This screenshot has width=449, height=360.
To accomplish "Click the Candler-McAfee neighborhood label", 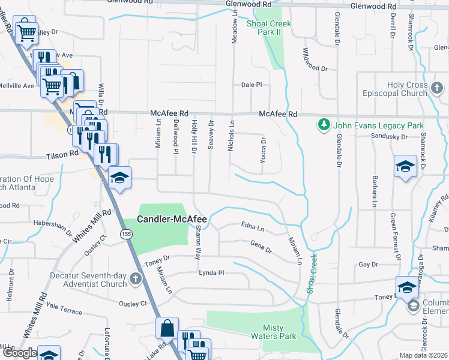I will click(172, 220).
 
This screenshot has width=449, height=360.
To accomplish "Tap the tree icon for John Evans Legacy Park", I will click(324, 125).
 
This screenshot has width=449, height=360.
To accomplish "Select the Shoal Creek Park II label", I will click(269, 28).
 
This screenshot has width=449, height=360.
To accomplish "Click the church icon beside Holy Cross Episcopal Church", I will click(437, 89).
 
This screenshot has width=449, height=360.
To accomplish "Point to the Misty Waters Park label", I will click(279, 332).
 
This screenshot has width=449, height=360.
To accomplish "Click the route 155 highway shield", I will click(125, 232).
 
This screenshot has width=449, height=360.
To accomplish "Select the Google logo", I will click(20, 353).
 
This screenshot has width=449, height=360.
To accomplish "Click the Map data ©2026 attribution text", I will click(424, 355).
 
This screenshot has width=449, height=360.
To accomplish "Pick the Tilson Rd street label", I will click(62, 154).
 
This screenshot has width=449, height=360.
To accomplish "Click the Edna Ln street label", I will click(252, 228).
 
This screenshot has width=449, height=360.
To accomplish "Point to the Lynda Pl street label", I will click(211, 272).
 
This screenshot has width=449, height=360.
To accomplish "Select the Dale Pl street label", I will click(252, 85).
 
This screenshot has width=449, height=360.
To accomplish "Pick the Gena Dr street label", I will click(261, 247).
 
